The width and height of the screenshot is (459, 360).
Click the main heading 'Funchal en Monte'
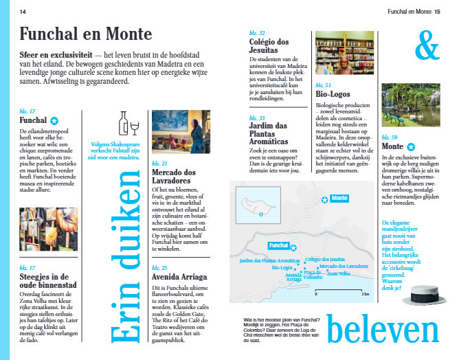pyautogui.click(x=86, y=34)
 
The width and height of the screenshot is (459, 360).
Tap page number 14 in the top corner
pyautogui.click(x=23, y=12)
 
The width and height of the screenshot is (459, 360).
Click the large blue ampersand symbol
pyautogui.click(x=427, y=45)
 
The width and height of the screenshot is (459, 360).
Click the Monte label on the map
pyautogui.click(x=339, y=199)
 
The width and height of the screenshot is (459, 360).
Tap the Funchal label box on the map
pyautogui.click(x=278, y=245)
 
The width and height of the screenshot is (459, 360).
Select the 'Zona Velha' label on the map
pyautogui.click(x=339, y=273)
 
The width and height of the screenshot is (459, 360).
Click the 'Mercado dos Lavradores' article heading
pyautogui.click(x=176, y=177)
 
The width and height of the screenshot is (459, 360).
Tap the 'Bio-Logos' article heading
pyautogui.click(x=333, y=93)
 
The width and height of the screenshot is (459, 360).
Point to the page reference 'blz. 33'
pyautogui.click(x=257, y=117)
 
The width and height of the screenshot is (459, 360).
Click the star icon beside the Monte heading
pyautogui.click(x=411, y=146)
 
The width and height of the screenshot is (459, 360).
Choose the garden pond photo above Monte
pyautogui.click(x=412, y=104)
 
